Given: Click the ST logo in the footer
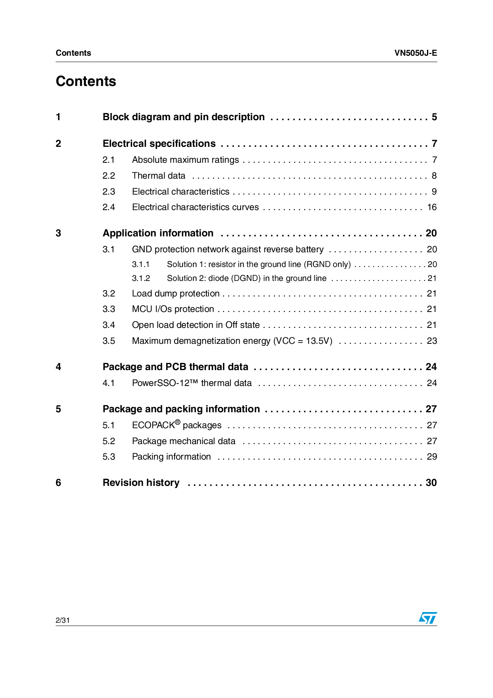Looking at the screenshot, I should [x=427, y=618].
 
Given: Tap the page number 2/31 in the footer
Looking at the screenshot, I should [x=63, y=620].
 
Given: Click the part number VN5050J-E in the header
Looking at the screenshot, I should [x=415, y=53].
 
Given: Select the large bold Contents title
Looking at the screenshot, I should [x=86, y=81].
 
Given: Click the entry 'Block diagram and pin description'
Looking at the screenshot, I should [x=183, y=117].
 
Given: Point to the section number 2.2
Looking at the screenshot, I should [x=109, y=175].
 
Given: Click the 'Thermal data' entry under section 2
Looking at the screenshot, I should [x=159, y=175].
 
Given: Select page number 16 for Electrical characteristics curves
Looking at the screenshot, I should [x=432, y=207].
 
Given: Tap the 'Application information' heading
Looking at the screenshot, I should [x=158, y=233].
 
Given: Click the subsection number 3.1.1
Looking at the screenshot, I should [x=141, y=265].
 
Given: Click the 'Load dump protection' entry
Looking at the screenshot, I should [x=176, y=294].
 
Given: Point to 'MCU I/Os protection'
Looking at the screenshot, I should [x=173, y=309].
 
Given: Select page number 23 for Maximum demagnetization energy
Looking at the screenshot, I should [x=432, y=341].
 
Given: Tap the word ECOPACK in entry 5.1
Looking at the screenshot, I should [x=153, y=425].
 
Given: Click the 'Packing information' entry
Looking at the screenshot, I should [x=171, y=457].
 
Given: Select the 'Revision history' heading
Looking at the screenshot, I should [x=141, y=483].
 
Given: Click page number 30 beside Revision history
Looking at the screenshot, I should [x=431, y=483].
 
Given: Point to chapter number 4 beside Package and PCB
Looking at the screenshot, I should [x=58, y=367].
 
